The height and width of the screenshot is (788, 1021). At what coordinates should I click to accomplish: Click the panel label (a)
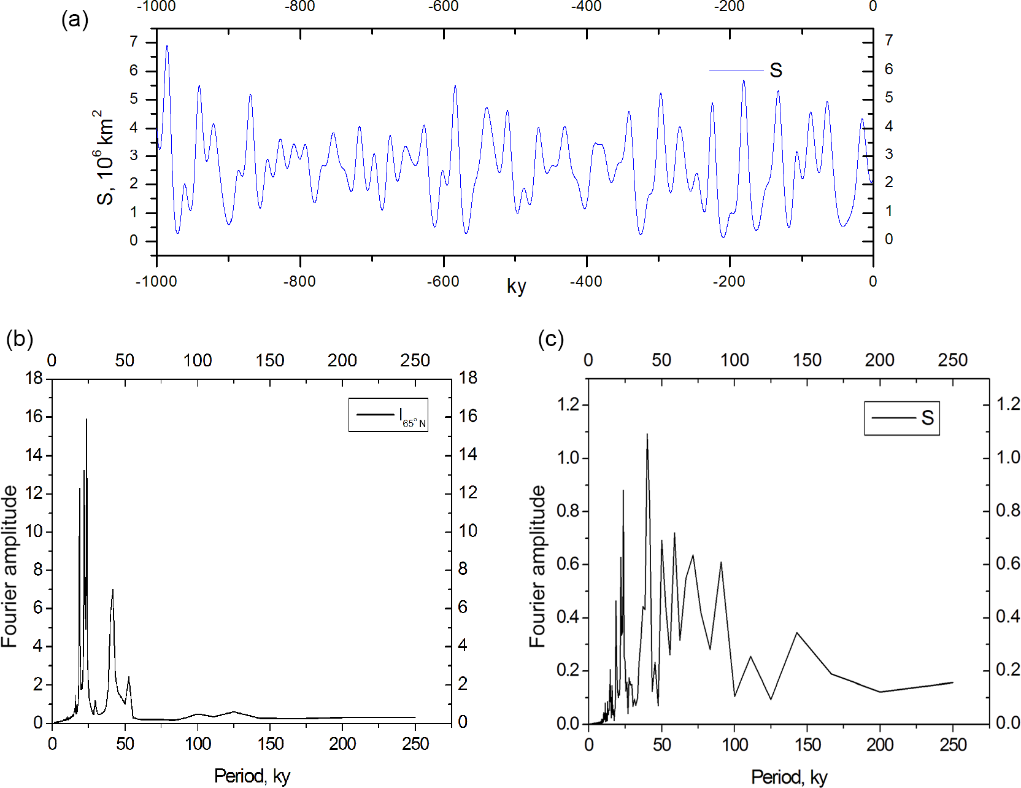pos(75,20)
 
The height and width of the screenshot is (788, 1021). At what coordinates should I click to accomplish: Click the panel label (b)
pos(20,338)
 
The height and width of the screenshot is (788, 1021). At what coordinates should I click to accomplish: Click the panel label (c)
pos(550,339)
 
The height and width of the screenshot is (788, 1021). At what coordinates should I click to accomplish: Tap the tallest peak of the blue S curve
pos(167,46)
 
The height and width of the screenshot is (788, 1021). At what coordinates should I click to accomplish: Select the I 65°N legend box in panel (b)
pos(388,415)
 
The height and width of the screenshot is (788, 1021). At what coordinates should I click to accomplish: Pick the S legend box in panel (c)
pos(901,418)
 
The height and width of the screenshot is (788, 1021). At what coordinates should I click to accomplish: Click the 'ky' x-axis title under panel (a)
pos(516,286)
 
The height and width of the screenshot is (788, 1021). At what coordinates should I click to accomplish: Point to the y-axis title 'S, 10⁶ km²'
pos(105,158)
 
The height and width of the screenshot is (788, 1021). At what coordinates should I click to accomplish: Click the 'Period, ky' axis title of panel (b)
pos(252,776)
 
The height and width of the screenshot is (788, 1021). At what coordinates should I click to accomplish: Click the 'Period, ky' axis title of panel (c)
pos(789,777)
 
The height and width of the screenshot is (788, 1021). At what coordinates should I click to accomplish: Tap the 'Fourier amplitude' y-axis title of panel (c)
pos(537,566)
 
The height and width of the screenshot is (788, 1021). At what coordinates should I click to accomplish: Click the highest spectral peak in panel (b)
pos(87,420)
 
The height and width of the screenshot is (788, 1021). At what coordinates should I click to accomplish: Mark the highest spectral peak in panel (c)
pos(647,435)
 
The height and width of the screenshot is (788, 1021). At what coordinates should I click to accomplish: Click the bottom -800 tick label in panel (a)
pos(299,282)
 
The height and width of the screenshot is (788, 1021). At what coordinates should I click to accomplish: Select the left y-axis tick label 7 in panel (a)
pos(133,42)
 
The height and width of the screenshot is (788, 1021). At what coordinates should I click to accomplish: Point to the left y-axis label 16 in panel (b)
pos(34,417)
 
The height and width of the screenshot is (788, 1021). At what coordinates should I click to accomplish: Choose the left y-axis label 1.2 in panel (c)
pos(568,404)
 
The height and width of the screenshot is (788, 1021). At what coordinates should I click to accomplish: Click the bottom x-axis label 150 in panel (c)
pos(807,745)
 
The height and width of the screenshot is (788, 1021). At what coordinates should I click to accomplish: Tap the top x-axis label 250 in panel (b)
pos(415,360)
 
